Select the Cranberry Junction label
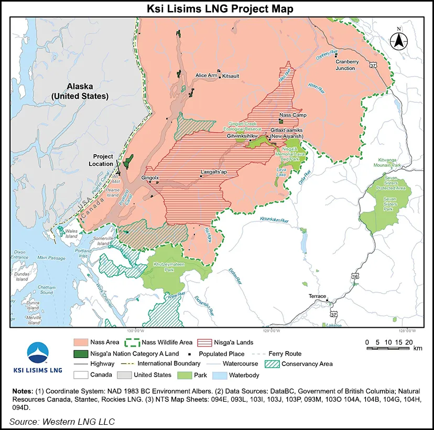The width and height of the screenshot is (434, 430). pos(347,64)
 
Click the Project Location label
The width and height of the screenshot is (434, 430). pos(103,160)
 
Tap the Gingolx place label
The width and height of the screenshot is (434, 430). pos(150,178)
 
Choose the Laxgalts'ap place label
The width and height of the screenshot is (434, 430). pos(214,171)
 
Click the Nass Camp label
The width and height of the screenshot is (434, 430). pos(293,115)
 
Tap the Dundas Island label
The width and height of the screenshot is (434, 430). pos(21,276)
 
